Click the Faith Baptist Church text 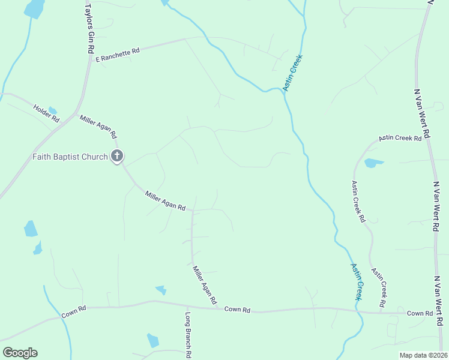click(x=70, y=157)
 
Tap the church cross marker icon click(x=117, y=157)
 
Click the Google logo click(x=20, y=353)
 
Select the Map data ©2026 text click(x=423, y=355)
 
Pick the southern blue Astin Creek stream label click(x=357, y=281)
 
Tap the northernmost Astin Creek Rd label click(x=400, y=138)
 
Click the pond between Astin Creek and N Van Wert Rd click(x=373, y=163)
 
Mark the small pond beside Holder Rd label click(x=53, y=110)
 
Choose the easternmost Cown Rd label click(x=420, y=313)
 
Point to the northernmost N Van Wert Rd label click(x=423, y=114)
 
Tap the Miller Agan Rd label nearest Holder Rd click(x=98, y=126)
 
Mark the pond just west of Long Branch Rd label click(x=153, y=341)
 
